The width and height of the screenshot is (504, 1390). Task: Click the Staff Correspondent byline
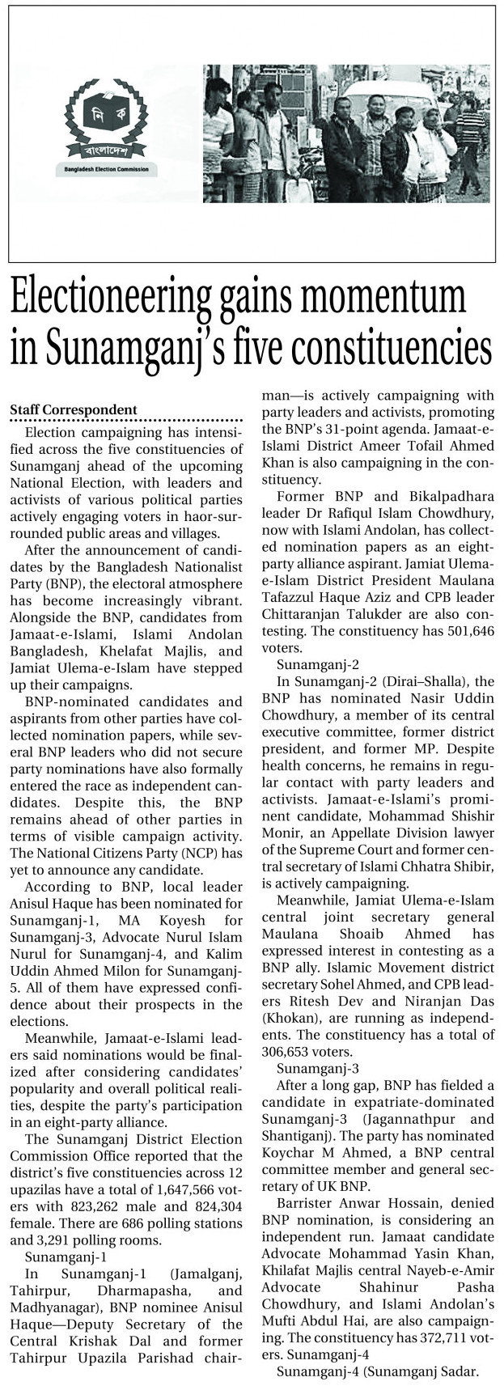[x=74, y=410]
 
